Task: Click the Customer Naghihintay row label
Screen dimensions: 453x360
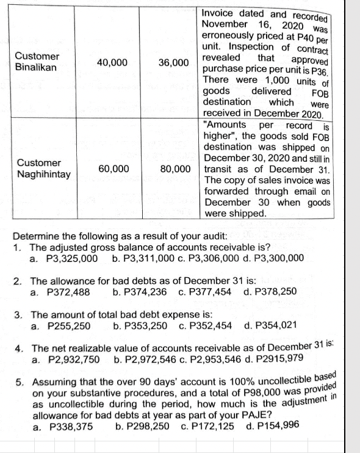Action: pyautogui.click(x=43, y=169)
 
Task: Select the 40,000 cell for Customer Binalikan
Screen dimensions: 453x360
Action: pyautogui.click(x=112, y=62)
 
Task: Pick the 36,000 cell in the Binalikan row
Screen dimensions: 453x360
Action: pyautogui.click(x=173, y=63)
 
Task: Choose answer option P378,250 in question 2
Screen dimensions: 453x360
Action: pyautogui.click(x=276, y=291)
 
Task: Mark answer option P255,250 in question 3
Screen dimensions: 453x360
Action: pyautogui.click(x=69, y=325)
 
